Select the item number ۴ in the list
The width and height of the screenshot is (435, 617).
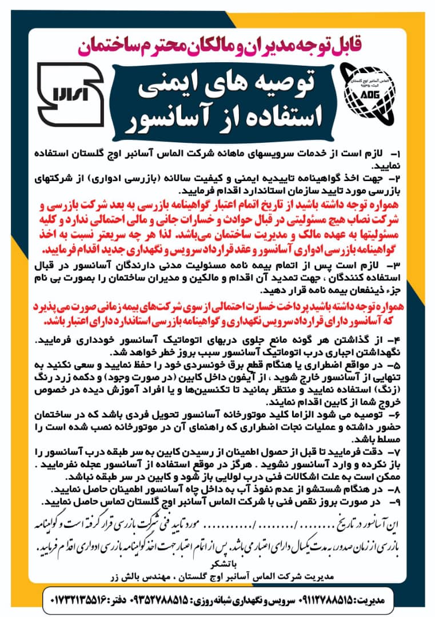point(396,340)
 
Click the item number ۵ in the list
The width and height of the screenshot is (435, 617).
point(396,363)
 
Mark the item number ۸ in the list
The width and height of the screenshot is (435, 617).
point(396,490)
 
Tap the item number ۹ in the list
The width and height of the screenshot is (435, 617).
point(396,502)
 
